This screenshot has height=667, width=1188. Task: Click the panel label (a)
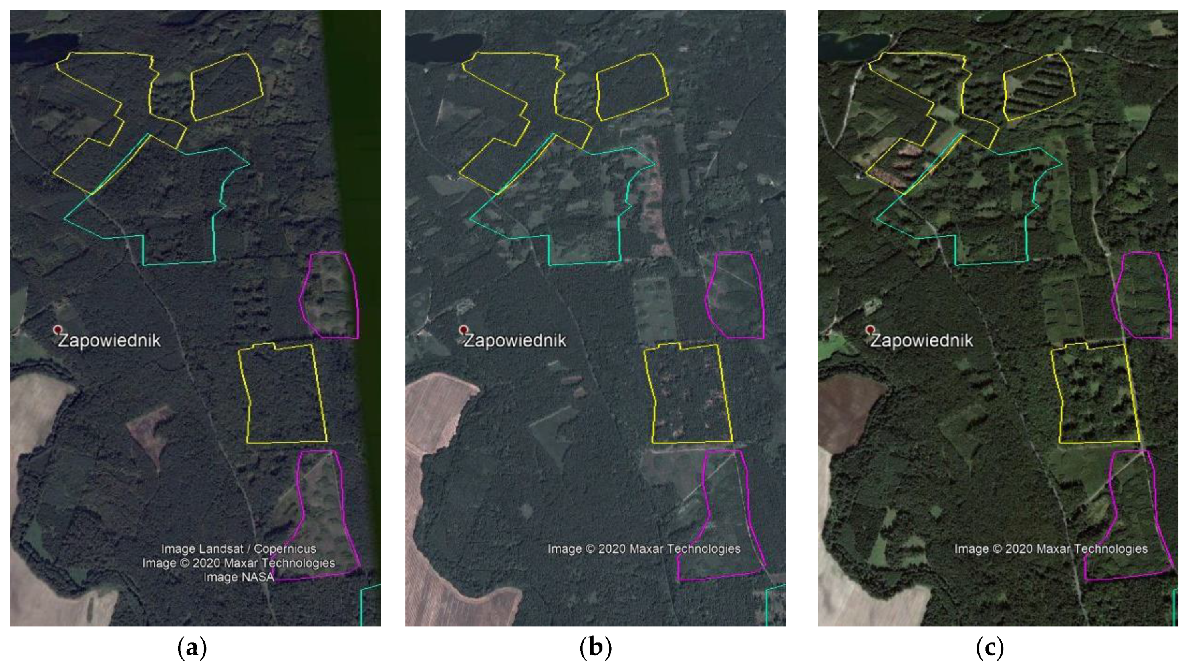192,649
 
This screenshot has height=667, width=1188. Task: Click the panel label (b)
595,649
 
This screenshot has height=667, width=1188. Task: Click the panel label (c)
990,649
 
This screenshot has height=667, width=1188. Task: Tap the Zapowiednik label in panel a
109,341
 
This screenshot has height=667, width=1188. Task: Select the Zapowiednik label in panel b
515,341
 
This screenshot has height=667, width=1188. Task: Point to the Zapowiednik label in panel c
921,341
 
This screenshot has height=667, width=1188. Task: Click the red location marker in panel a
58,329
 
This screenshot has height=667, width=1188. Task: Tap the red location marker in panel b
463,329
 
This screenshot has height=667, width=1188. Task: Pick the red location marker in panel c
870,329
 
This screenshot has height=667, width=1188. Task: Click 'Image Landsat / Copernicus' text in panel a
238,549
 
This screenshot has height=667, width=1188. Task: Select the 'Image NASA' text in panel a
238,577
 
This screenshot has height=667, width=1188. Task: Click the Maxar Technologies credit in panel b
644,549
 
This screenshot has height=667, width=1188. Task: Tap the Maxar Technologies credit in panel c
1051,549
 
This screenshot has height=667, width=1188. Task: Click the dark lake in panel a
32,48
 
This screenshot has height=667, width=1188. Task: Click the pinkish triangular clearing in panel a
149,431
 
